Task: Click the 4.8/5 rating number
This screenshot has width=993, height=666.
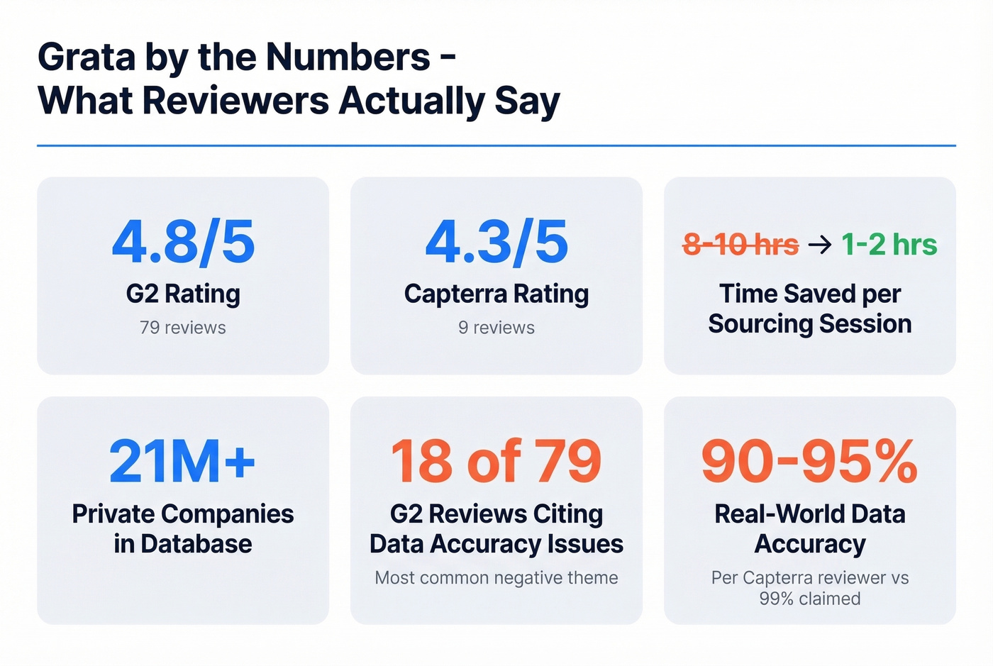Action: pos(183,243)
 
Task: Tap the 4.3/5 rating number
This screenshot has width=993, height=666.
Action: pos(496,243)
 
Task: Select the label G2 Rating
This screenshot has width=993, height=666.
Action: pos(183,294)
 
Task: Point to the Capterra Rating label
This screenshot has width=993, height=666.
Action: pos(496,294)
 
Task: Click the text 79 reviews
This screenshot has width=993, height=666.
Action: pos(183,328)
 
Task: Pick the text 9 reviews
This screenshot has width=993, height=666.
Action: pos(496,328)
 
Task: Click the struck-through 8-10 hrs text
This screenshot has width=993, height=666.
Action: pos(740,245)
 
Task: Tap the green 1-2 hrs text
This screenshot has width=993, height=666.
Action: pos(889,245)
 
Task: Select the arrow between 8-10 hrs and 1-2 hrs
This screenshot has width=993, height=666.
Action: pos(820,245)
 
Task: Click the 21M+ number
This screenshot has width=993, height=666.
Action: pos(182,462)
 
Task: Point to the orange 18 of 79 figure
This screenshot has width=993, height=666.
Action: pos(496,462)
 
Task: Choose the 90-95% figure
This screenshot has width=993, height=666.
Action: pos(809,462)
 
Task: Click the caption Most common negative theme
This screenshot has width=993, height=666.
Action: pos(496,578)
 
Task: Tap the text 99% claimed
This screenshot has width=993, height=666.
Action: pos(809,599)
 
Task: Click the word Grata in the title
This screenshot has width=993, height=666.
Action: pos(86,57)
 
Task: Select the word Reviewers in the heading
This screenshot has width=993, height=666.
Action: pos(235,101)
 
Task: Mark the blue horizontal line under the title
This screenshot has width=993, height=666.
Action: pos(496,145)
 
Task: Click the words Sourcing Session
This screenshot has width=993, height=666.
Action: pos(809,324)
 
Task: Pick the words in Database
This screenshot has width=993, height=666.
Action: pos(183,544)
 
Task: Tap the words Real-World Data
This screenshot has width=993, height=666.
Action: pos(809,514)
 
